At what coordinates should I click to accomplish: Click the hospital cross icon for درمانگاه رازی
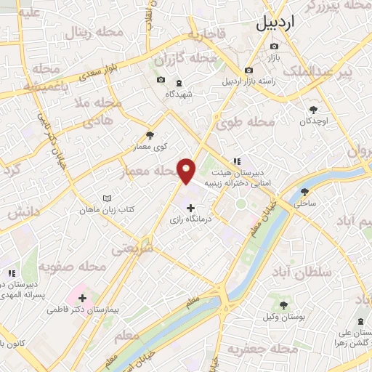point(191,209)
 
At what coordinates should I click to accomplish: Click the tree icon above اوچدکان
point(313,108)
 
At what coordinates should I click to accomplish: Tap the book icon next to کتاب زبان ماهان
point(108,198)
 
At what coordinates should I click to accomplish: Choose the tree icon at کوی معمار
point(150,134)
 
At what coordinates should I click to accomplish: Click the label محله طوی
point(248,122)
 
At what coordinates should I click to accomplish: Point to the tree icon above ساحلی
point(304,193)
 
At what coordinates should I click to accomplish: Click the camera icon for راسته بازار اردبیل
point(248,70)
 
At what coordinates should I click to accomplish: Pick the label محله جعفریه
point(264,350)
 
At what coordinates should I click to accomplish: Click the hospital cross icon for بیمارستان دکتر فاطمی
point(82,298)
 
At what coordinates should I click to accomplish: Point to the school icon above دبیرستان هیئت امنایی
point(235,161)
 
